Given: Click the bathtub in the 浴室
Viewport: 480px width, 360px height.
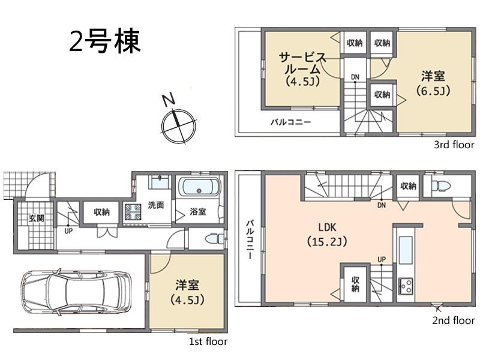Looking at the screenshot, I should (x=200, y=187).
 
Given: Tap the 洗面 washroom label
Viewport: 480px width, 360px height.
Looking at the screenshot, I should (x=156, y=205).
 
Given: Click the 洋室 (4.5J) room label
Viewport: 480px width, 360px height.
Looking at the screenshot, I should (x=188, y=292).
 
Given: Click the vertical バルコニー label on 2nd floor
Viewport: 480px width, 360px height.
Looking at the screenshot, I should (x=249, y=239).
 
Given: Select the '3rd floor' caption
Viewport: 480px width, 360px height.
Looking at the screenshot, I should (x=454, y=145).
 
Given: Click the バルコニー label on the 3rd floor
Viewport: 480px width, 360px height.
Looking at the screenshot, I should (x=290, y=122).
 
